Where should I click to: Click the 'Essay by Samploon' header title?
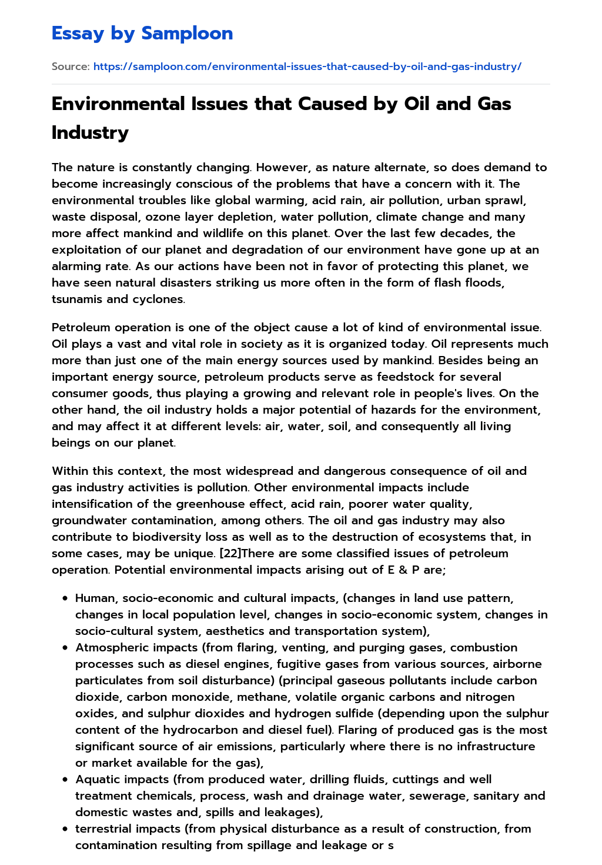click(x=142, y=33)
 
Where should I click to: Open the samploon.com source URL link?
click(x=307, y=66)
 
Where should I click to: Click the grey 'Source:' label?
click(x=70, y=66)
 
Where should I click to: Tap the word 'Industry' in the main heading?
click(x=90, y=132)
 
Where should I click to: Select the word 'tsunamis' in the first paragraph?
click(x=75, y=299)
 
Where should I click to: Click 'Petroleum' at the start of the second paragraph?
click(x=81, y=327)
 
